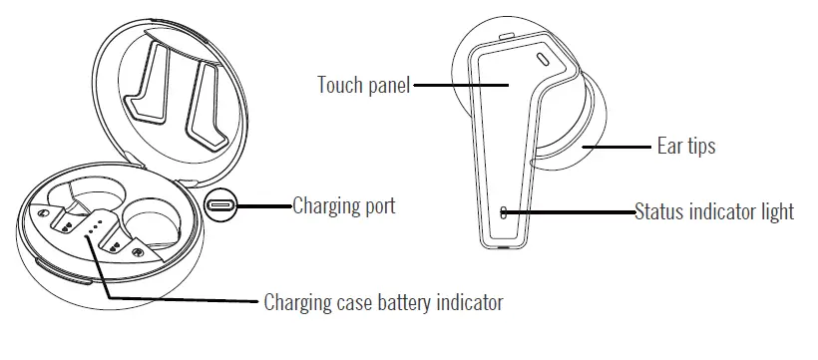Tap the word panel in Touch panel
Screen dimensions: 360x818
[x=387, y=86]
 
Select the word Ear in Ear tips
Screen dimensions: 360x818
[x=669, y=147]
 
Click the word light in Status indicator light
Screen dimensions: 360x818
[x=775, y=211]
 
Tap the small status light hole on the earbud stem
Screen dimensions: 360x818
[x=504, y=211]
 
